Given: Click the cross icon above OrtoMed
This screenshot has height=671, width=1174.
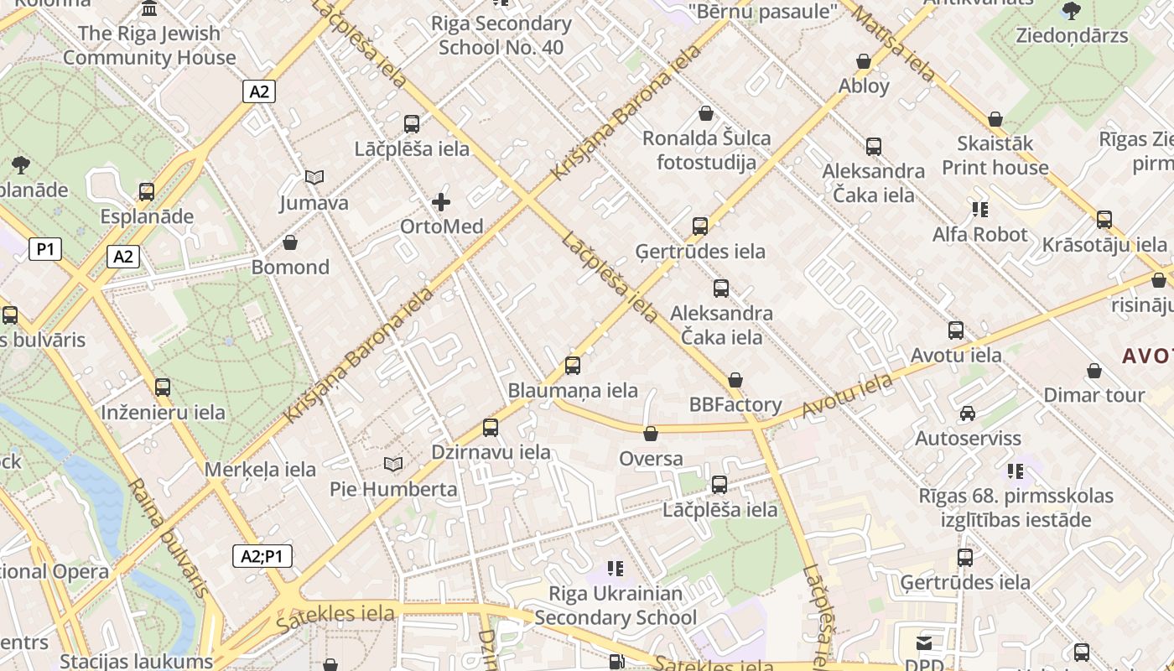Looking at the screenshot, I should point(441,202).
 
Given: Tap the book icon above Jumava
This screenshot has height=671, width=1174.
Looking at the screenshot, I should point(314,178).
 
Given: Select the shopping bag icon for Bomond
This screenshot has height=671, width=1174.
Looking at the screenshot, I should point(290,243).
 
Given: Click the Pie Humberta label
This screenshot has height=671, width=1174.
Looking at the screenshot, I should point(393,489).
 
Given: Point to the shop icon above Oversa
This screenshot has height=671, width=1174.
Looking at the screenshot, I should point(650,434).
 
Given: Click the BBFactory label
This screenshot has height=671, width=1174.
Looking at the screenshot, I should point(735,404).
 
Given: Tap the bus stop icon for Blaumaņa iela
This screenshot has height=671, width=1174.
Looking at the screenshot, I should point(573,366).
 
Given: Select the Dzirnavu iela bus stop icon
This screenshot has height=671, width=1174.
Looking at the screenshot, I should point(491,428).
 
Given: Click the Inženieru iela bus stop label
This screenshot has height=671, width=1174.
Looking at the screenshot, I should point(163,412).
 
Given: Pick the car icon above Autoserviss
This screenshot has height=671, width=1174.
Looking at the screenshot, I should point(968,414).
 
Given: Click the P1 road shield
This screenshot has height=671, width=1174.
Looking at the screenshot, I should point(45,249).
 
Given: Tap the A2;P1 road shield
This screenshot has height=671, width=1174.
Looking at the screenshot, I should point(262,555).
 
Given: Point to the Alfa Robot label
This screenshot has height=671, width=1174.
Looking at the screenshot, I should point(979,234).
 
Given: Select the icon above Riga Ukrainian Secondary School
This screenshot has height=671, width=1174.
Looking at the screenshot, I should point(616,569).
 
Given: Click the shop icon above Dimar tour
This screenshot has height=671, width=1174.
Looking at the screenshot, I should point(1094,371).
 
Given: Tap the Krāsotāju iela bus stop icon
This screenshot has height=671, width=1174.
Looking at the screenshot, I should point(1104,220).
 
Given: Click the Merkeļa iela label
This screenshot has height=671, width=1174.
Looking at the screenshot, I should point(260,469).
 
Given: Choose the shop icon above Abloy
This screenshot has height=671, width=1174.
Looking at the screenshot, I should point(864,61).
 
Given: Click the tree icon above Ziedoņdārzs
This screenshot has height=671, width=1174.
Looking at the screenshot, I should point(1071,11).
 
